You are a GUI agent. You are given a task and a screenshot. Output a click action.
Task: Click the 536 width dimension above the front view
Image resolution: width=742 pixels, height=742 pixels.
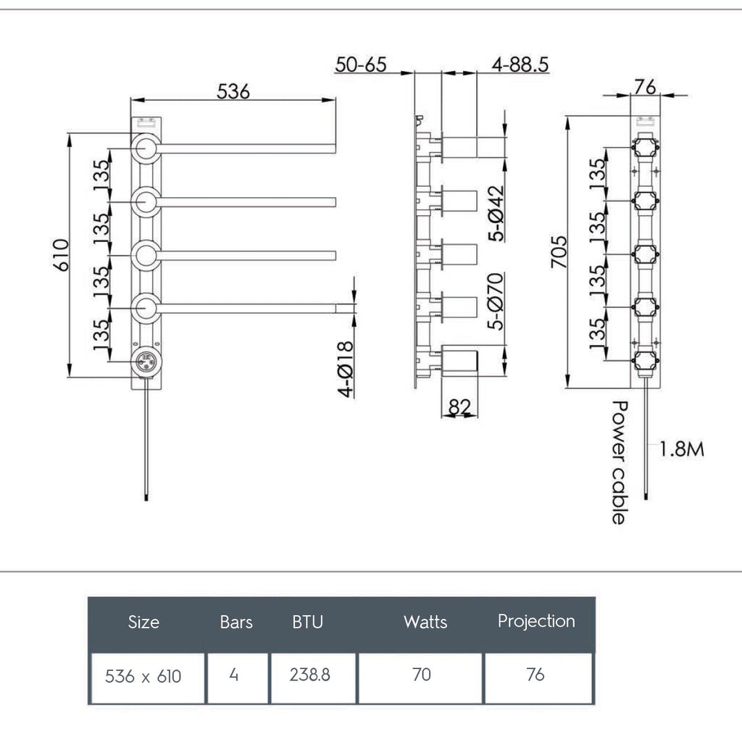(x=233, y=91)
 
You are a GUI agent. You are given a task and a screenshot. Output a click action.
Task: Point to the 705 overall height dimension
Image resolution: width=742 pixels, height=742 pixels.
(x=558, y=251)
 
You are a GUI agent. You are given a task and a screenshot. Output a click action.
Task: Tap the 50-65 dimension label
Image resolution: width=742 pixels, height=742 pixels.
(x=360, y=64)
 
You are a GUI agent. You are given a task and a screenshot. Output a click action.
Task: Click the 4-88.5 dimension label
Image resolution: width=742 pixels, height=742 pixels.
(x=520, y=64)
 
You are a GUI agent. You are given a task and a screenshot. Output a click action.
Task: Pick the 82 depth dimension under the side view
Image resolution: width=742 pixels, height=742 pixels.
(x=459, y=407)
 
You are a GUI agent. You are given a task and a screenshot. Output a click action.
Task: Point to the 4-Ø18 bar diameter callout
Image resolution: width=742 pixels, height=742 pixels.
(x=346, y=369)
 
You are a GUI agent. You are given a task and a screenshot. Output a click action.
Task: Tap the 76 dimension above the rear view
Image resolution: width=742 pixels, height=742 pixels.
(x=644, y=87)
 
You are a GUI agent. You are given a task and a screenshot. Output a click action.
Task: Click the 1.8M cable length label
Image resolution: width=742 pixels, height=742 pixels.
(x=681, y=449)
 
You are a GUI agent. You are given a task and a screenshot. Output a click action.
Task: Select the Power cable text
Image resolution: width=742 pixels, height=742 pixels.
(x=619, y=462)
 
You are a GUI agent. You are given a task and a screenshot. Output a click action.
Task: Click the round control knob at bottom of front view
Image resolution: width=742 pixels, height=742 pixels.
(x=146, y=359)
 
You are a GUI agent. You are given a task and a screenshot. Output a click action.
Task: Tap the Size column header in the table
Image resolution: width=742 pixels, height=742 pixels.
(x=143, y=622)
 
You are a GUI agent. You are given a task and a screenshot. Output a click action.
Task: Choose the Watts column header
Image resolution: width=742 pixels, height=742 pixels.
(x=425, y=622)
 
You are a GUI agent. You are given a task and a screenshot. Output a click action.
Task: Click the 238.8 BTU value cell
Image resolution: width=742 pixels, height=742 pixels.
(x=310, y=675)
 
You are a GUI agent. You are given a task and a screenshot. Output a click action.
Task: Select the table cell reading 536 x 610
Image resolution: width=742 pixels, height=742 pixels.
(x=143, y=677)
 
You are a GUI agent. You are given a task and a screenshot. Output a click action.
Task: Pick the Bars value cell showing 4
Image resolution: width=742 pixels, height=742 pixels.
(x=234, y=675)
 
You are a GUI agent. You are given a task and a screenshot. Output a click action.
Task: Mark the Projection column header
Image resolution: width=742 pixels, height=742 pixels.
(x=536, y=621)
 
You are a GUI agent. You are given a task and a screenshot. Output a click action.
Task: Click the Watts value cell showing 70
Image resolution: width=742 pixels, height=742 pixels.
(x=421, y=675)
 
